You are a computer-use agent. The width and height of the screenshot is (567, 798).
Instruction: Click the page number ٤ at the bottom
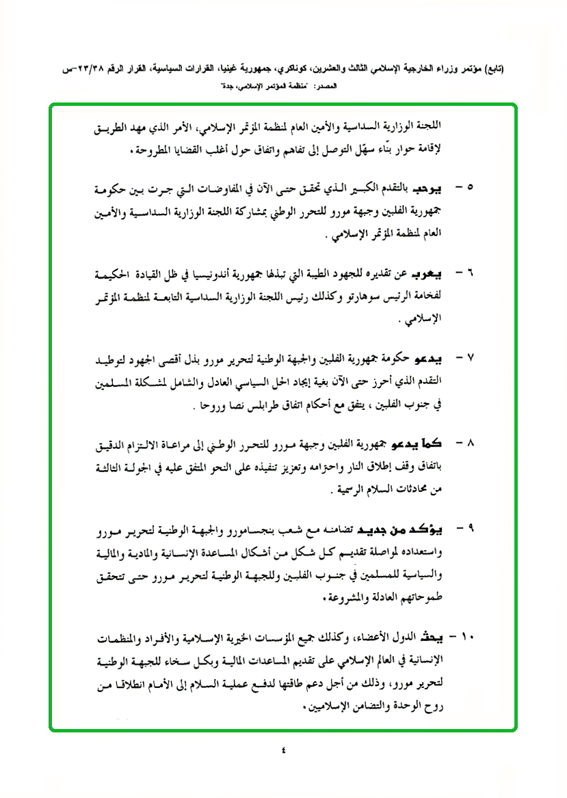(x=283, y=752)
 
